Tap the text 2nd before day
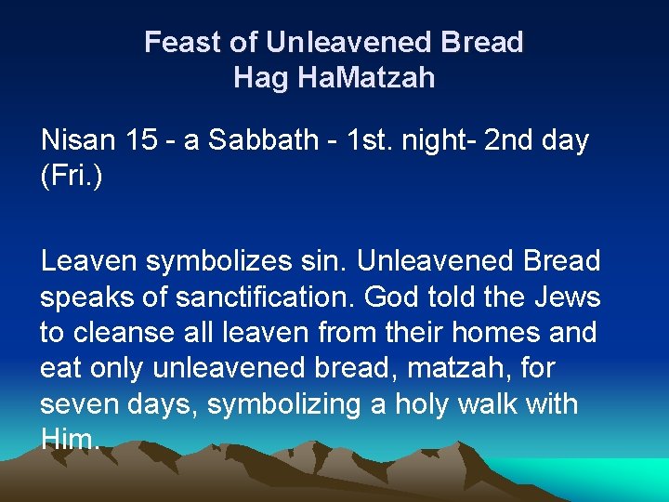(x=511, y=141)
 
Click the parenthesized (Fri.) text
(x=71, y=177)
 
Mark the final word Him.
(x=69, y=440)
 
